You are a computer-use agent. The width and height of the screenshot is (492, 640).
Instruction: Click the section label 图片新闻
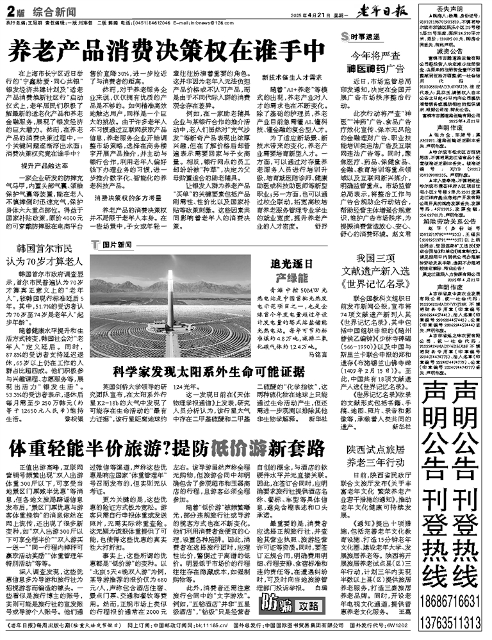[115, 244]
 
